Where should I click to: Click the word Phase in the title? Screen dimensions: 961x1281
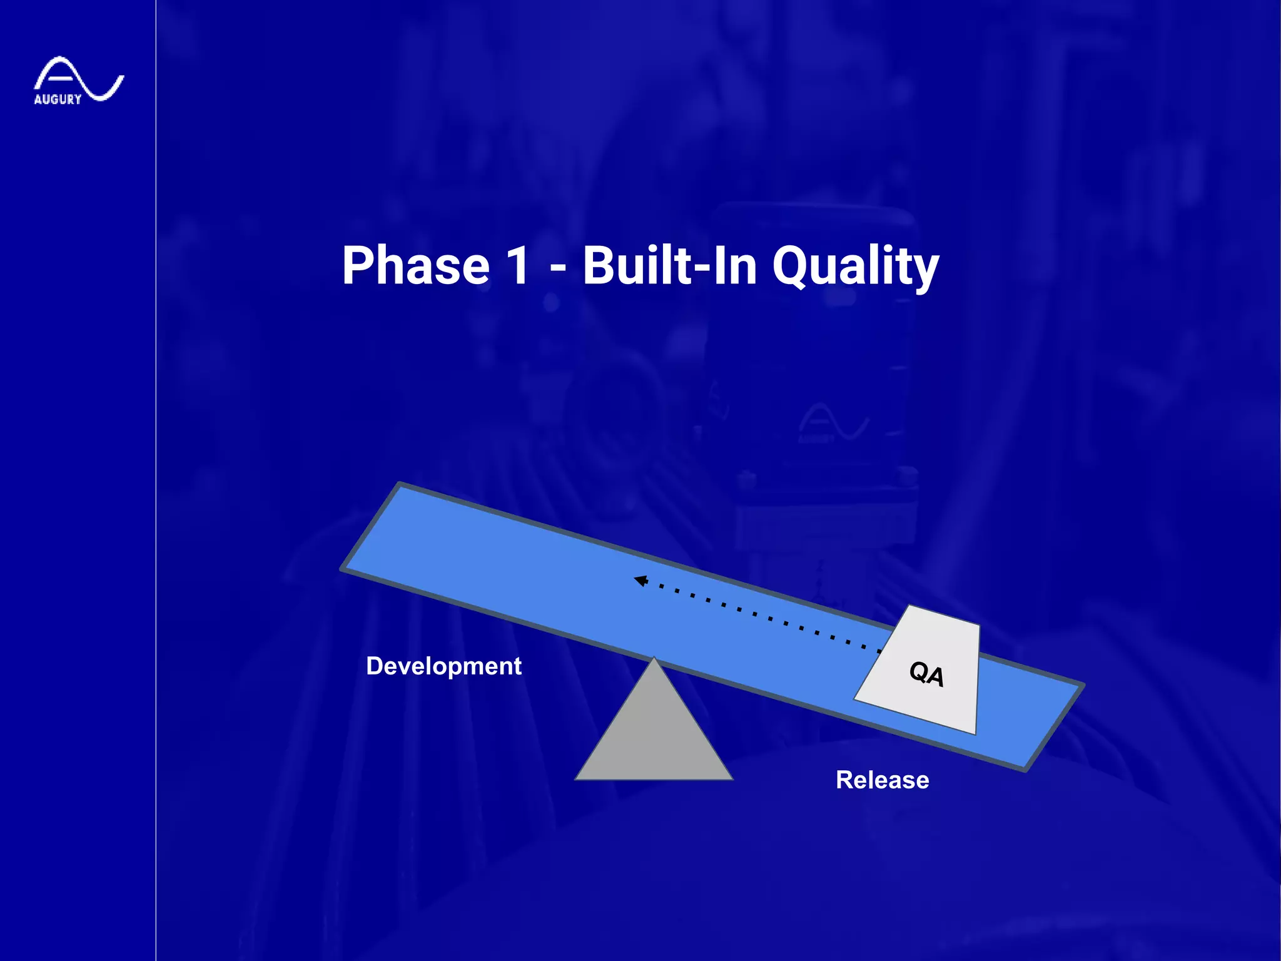click(415, 266)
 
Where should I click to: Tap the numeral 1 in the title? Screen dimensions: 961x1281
click(519, 266)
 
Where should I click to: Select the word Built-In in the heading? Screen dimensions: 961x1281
click(670, 266)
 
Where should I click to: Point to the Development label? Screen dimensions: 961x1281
click(443, 666)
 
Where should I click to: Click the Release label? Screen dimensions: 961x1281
click(882, 780)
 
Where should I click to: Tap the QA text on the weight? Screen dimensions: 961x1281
click(926, 674)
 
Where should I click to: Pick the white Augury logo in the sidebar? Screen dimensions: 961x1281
click(78, 79)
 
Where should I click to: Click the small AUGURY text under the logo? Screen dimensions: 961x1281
click(58, 99)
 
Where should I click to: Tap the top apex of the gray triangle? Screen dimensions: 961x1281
click(654, 659)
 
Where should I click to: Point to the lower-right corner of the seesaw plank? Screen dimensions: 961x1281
click(1026, 770)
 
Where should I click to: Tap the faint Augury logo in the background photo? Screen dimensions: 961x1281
click(832, 422)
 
